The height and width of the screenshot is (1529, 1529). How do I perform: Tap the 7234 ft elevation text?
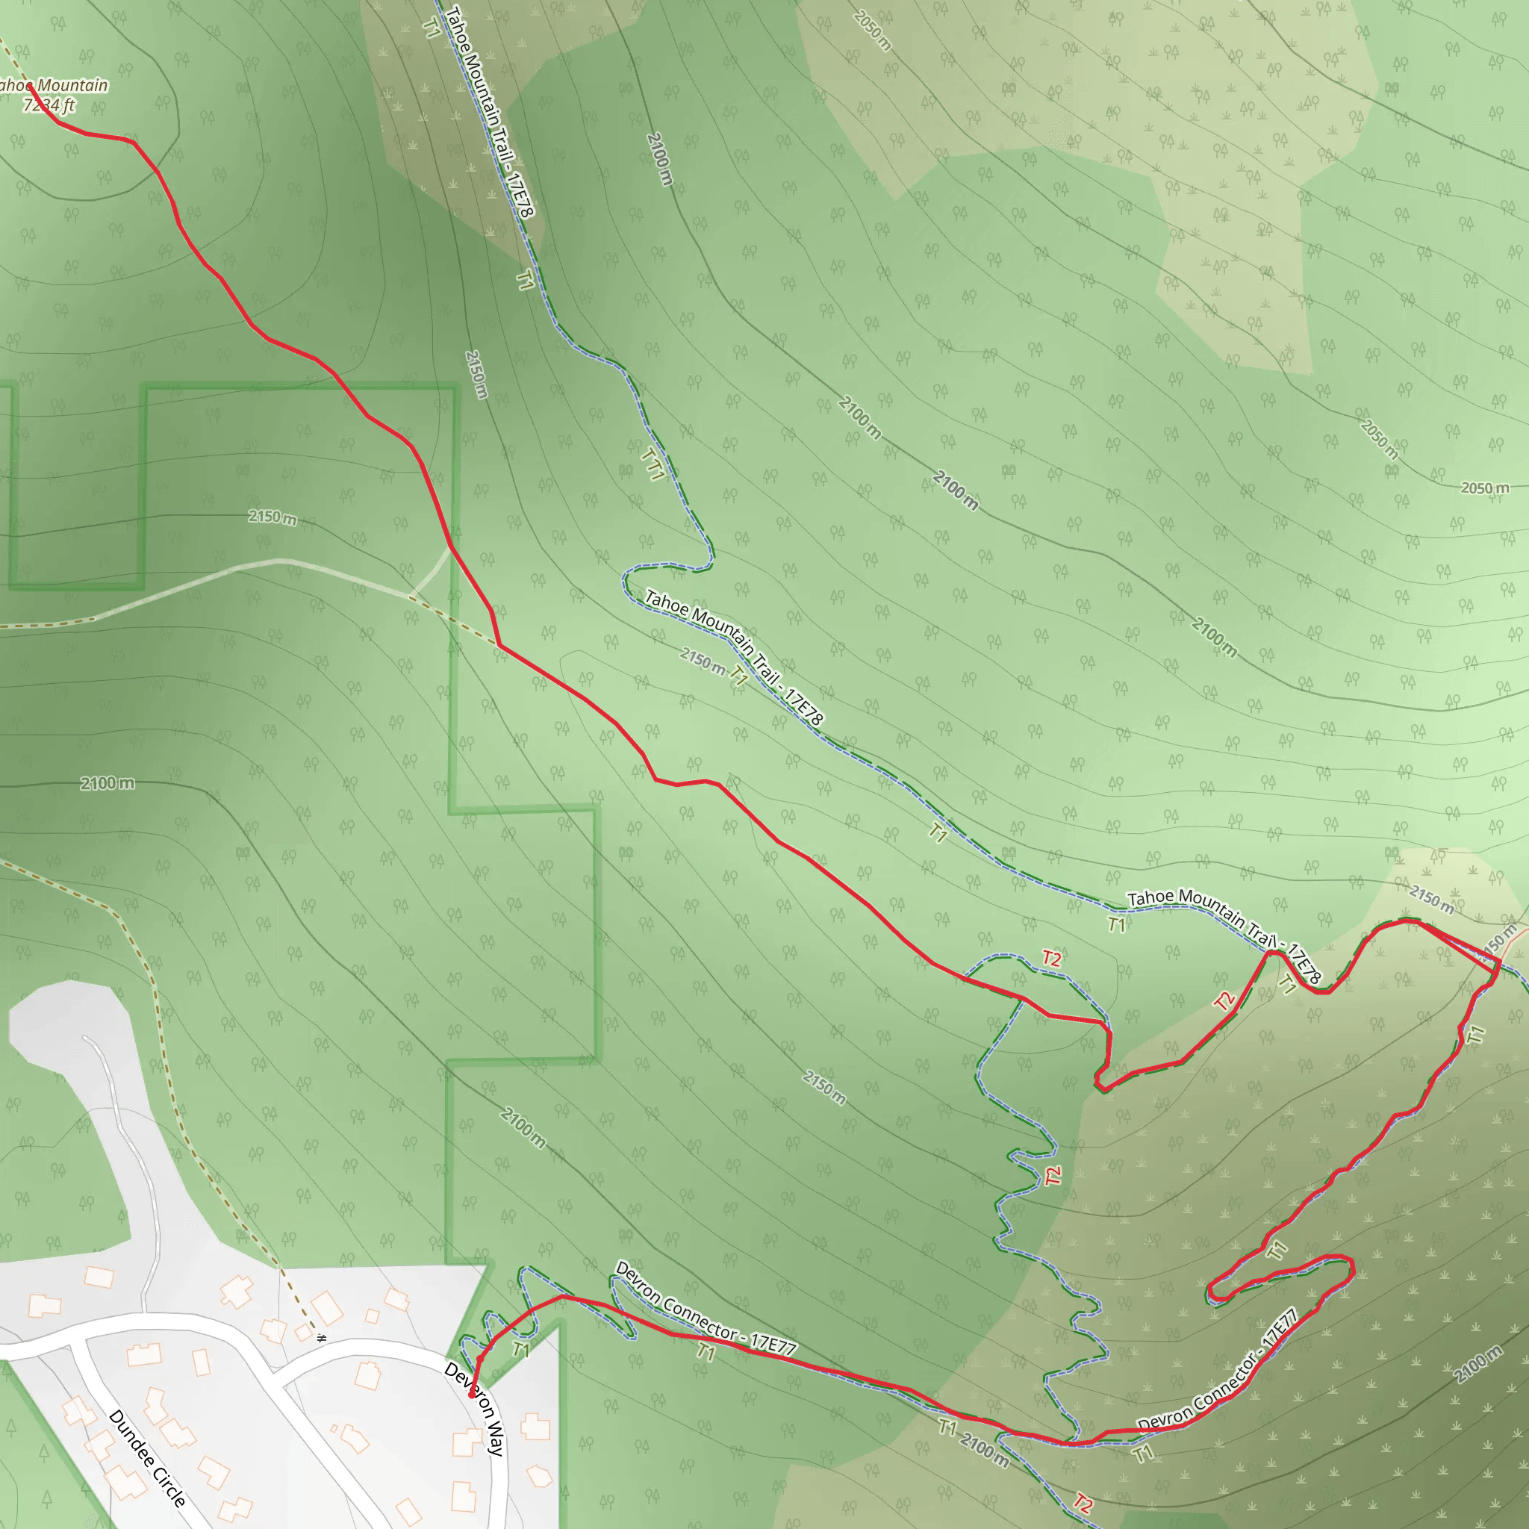click(49, 105)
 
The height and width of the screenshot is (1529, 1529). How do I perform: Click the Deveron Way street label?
click(475, 1408)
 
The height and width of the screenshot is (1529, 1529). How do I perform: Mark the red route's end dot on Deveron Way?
click(472, 1395)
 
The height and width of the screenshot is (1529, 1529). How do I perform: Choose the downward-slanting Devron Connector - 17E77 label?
click(705, 1307)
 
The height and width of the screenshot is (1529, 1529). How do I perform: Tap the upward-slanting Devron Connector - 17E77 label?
click(1218, 1371)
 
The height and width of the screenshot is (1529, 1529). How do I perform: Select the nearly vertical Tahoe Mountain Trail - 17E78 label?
click(490, 110)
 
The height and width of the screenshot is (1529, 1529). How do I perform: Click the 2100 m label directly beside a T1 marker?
click(985, 1449)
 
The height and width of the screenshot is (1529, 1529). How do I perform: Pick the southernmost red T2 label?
click(1083, 1502)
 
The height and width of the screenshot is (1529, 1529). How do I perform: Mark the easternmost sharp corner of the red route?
click(1500, 960)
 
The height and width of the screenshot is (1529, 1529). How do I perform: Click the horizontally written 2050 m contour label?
click(1485, 488)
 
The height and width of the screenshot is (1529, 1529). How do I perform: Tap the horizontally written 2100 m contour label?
click(108, 783)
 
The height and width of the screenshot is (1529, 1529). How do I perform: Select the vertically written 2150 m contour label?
click(476, 374)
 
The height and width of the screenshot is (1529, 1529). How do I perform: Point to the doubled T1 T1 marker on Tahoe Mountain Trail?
click(653, 464)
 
